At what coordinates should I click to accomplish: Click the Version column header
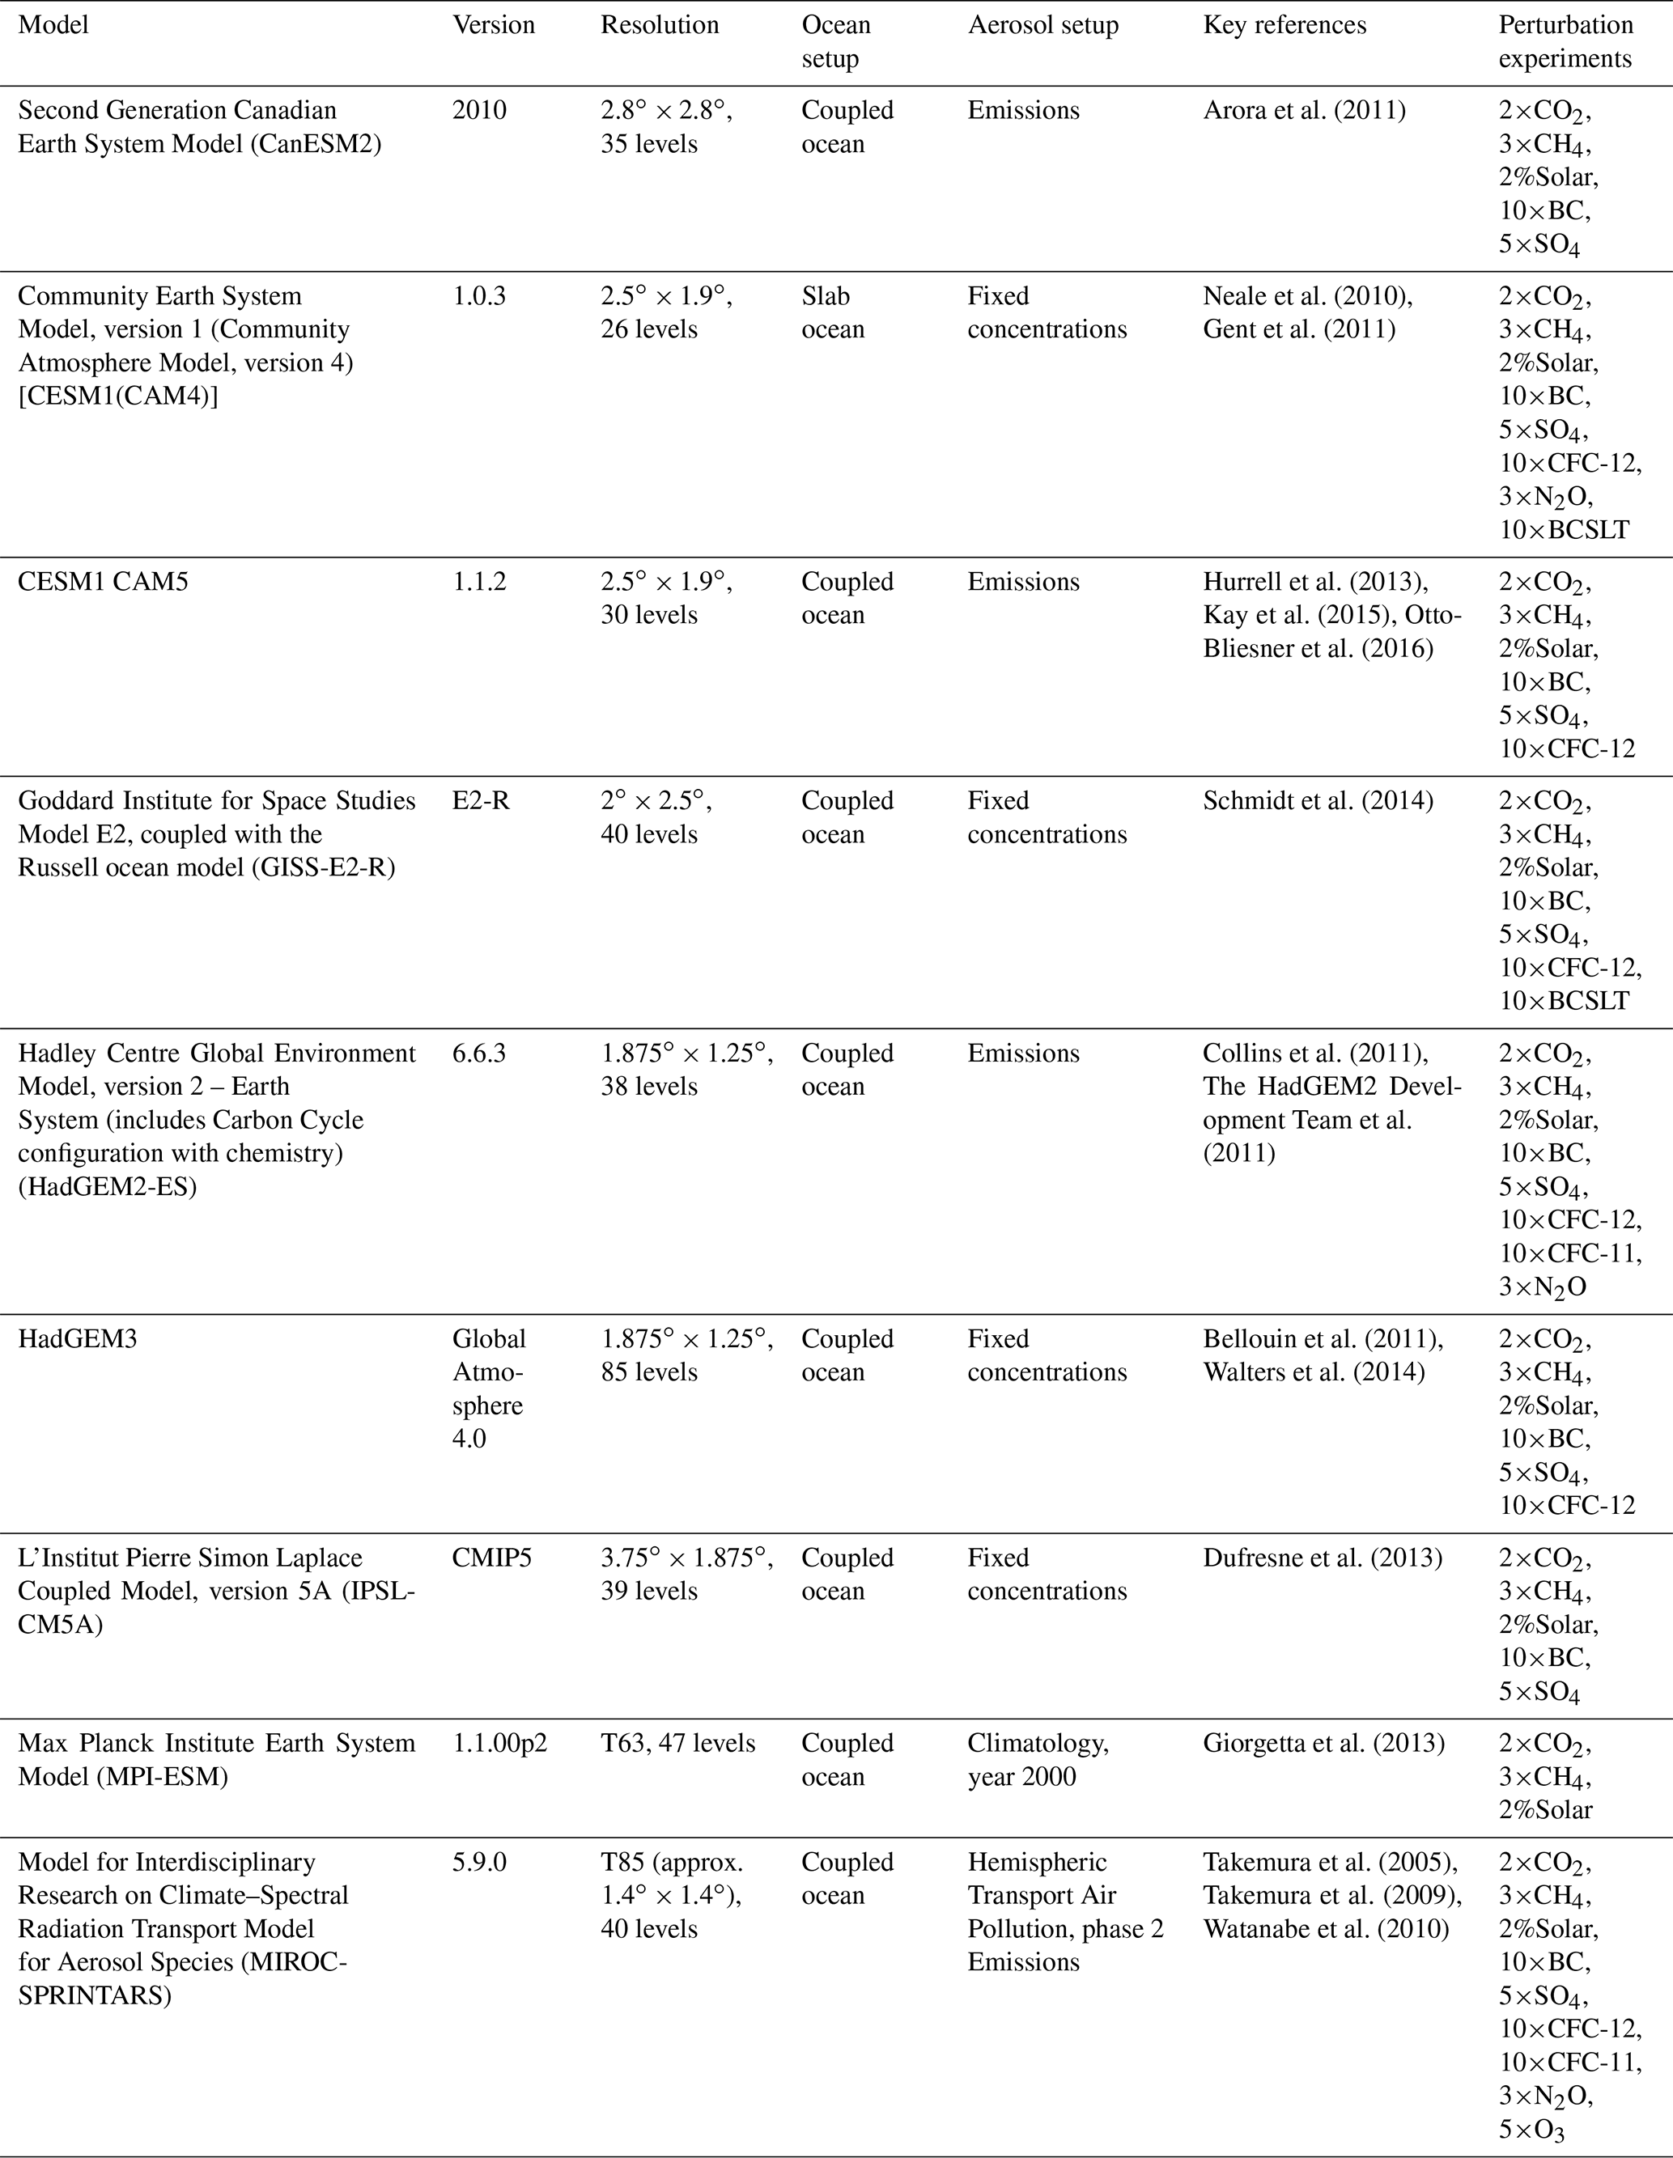493,26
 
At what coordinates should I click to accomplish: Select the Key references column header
1284,26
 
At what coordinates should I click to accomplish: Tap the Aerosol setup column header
1042,26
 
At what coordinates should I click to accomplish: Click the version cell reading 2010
479,110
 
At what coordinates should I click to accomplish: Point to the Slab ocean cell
832,312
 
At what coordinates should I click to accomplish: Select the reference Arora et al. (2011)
1303,110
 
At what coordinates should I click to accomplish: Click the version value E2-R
482,800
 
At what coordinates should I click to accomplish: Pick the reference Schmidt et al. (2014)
1317,800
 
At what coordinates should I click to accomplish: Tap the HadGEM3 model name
77,1339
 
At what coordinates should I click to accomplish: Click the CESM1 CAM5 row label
103,582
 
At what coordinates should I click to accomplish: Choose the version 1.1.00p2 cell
500,1743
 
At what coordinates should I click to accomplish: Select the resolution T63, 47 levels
678,1743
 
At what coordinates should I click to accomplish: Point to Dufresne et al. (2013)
1323,1558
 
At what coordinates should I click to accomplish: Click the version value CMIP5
492,1558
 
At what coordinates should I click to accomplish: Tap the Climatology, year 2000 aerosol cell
1038,1760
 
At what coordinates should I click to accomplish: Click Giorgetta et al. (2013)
1323,1743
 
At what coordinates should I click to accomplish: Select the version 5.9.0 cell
479,1863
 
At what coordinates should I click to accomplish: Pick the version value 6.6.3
479,1054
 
